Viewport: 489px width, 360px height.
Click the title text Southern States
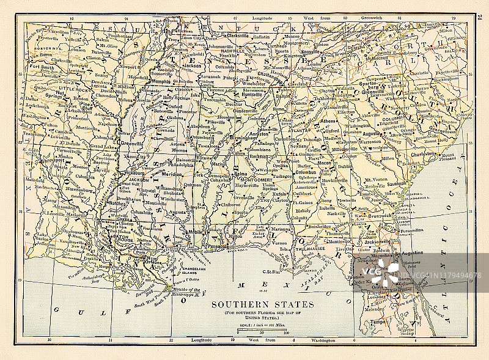coord(262,304)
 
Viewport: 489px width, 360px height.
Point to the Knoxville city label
coord(311,52)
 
